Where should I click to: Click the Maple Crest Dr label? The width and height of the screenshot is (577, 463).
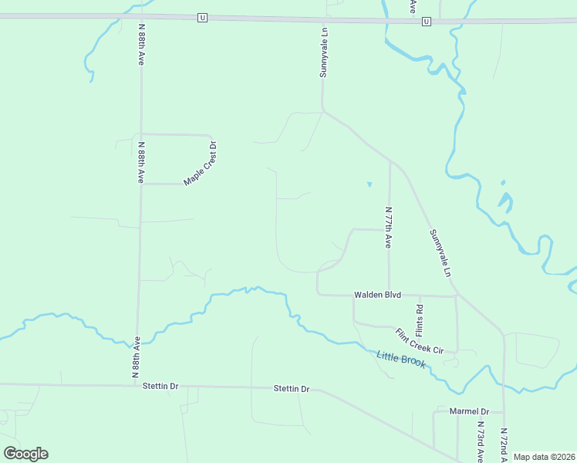201,162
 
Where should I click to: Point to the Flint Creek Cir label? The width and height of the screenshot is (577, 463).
420,341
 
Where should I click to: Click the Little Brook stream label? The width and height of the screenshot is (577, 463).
401,359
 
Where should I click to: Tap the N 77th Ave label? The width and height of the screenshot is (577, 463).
389,227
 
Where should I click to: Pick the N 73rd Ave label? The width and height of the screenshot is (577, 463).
480,441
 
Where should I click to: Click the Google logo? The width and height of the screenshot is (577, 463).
25,454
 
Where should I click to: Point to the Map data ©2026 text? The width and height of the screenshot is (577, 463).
544,457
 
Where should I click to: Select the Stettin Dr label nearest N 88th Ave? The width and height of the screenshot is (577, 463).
160,386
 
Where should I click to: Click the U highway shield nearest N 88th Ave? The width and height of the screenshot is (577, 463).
202,17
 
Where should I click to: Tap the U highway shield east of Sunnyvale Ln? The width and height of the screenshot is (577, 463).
426,22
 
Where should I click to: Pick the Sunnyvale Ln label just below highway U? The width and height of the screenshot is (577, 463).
325,52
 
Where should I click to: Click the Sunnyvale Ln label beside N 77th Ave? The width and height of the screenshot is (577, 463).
439,252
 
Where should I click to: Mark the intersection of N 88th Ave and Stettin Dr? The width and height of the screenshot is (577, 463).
137,384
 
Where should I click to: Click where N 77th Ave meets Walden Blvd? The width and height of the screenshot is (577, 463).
390,295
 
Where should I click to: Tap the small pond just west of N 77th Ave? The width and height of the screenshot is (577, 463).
369,184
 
